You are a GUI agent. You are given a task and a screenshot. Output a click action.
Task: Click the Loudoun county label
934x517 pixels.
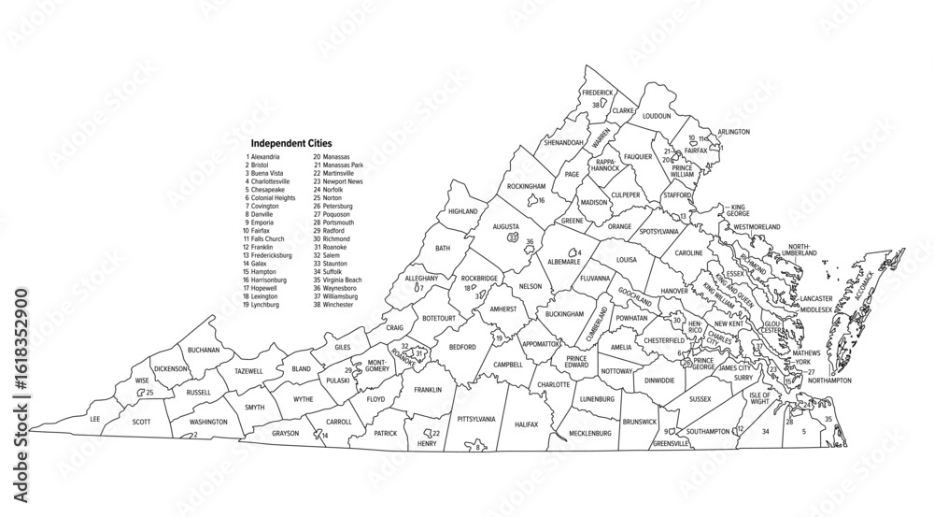[657, 116]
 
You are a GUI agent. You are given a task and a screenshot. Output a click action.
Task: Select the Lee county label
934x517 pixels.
[93, 420]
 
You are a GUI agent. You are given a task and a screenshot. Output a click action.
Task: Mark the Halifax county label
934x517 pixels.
[526, 424]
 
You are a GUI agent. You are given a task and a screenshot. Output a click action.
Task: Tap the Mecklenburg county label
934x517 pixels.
[588, 434]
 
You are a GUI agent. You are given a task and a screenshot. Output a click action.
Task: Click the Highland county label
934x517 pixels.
[462, 212]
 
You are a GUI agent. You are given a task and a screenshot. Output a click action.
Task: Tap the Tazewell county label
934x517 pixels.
[248, 371]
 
